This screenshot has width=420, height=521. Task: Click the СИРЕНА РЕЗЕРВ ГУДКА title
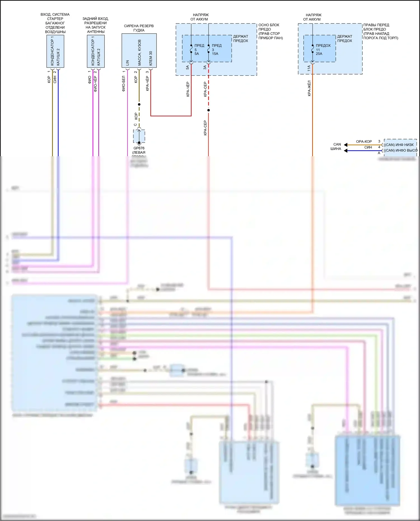[x=139, y=28]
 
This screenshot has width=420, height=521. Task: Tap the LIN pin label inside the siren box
[x=127, y=63]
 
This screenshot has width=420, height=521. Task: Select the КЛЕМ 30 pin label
[x=151, y=58]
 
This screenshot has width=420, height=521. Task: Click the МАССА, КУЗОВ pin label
[x=139, y=53]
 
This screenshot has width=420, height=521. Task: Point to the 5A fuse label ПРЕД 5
[x=199, y=49]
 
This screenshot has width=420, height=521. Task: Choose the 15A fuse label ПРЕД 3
[x=216, y=49]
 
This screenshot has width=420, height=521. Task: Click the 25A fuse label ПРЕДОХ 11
[x=323, y=49]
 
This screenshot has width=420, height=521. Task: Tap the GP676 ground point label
[x=139, y=148]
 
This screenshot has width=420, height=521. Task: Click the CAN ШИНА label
[x=336, y=146]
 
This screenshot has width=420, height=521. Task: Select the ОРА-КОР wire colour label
[x=364, y=142]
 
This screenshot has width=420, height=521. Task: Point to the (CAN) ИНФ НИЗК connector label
[x=399, y=145]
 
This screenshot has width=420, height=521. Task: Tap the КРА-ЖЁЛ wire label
[x=309, y=88]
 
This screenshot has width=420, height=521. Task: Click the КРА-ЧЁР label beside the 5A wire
[x=188, y=89]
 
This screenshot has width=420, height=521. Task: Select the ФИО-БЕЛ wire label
[x=123, y=83]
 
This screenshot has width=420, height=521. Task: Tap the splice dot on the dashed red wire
[x=208, y=110]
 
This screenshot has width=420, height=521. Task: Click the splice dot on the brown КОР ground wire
[x=139, y=104]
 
